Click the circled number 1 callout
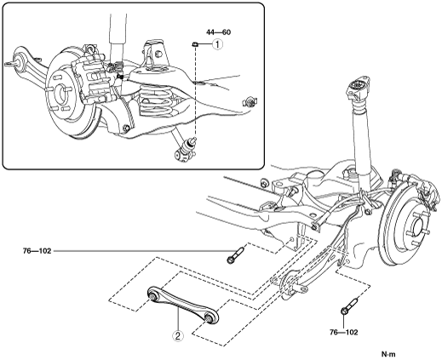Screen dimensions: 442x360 [x=217, y=44]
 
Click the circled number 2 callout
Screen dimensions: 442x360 [x=178, y=336]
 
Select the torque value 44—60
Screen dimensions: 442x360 [x=218, y=32]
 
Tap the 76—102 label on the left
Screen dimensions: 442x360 [x=37, y=251]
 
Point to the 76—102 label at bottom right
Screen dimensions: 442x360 [x=343, y=332]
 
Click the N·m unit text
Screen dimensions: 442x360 [x=388, y=354]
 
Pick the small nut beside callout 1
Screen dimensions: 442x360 [x=194, y=44]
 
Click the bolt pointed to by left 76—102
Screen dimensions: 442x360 [x=235, y=254]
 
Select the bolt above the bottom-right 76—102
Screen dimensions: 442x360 [x=349, y=306]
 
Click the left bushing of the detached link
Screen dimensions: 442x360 [x=153, y=296]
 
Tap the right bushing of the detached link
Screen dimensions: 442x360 [x=209, y=318]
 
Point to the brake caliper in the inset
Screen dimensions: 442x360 [x=95, y=81]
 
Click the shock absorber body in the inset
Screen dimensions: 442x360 [x=118, y=31]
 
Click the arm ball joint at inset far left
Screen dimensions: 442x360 [x=18, y=60]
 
